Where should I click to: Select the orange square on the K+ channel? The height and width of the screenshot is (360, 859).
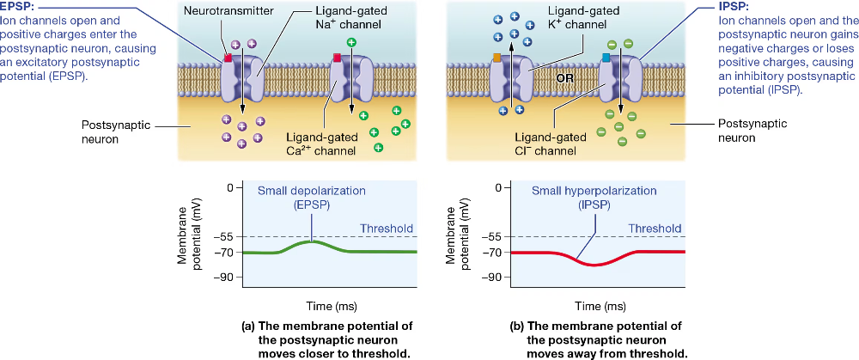point(497,58)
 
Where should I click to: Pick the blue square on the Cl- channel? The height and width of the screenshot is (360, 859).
point(606,58)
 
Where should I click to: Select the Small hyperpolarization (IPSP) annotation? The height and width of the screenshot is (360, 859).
point(582,197)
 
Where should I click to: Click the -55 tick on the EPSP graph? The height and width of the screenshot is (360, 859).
point(225,236)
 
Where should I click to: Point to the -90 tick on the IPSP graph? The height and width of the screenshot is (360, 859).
point(493,278)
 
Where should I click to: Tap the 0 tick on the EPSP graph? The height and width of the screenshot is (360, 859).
point(229,187)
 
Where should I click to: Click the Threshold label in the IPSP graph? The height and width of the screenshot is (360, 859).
point(655,229)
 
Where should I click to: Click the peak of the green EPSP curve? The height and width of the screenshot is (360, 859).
point(313,242)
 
